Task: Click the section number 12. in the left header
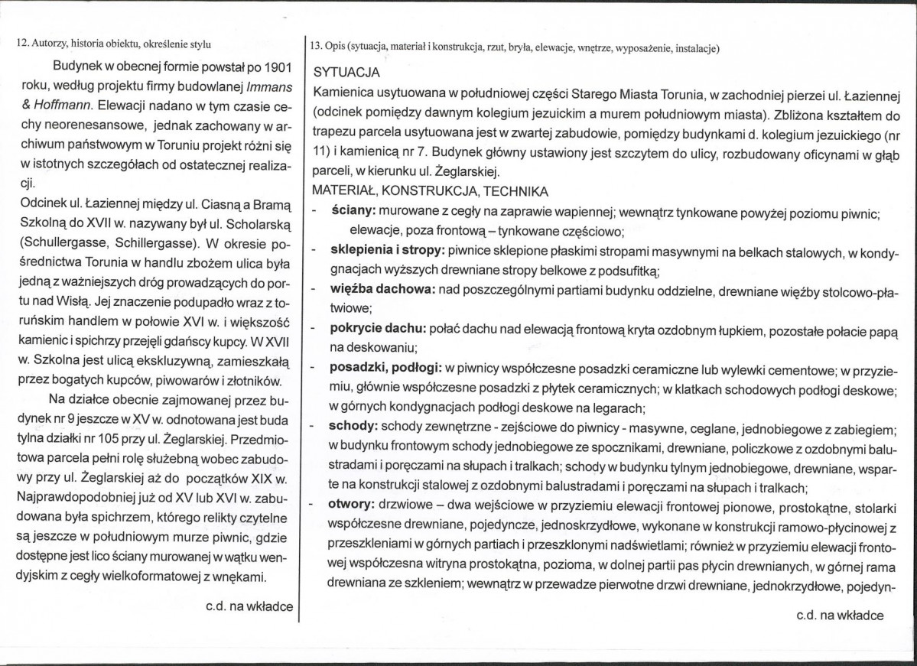tap(22, 43)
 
